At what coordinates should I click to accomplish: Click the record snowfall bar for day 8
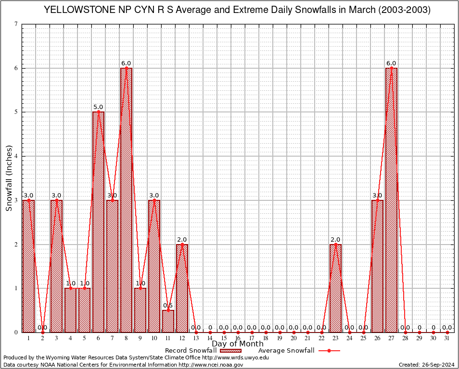[126, 202]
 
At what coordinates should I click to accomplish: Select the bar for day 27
[391, 202]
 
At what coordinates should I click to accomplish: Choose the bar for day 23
[335, 288]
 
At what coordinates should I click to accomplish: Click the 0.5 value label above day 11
[168, 306]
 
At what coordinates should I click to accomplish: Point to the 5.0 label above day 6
[98, 107]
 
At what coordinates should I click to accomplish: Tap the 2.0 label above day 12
[182, 240]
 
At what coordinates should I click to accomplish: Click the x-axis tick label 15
[224, 338]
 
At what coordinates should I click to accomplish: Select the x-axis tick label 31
[447, 338]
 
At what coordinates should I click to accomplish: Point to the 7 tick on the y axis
[16, 24]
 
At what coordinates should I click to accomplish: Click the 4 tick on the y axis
[16, 156]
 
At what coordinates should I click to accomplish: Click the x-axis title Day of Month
[238, 344]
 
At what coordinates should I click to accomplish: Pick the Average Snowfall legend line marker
[329, 351]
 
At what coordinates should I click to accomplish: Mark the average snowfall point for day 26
[377, 200]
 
